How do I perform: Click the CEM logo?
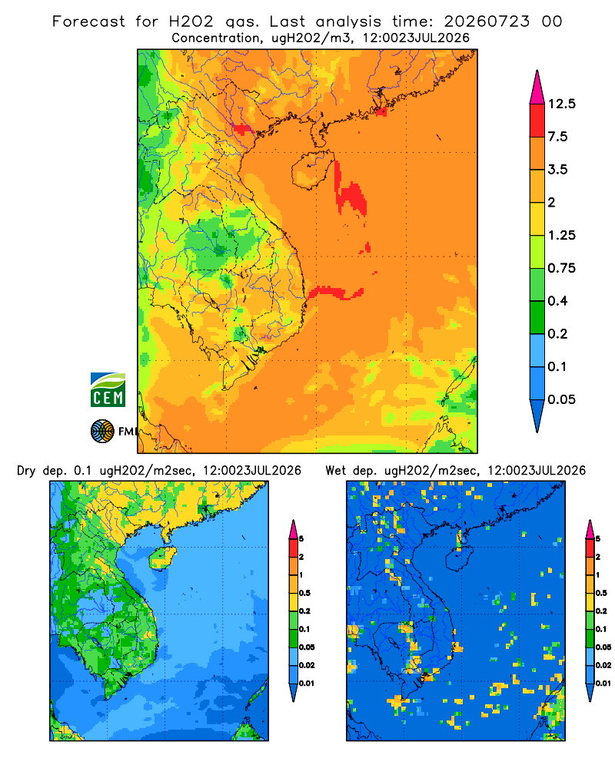(x=108, y=390)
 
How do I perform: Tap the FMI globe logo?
(x=102, y=432)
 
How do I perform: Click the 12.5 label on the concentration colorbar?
(x=561, y=104)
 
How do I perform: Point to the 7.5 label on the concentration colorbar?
(x=557, y=137)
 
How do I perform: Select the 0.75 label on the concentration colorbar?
(x=561, y=268)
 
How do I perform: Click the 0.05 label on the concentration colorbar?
(x=561, y=399)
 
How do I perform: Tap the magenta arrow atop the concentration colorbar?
(x=537, y=88)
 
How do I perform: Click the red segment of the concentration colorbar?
(x=537, y=121)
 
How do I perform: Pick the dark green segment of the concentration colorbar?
(x=537, y=317)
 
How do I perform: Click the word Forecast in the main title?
(x=88, y=22)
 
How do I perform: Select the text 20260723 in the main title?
(x=487, y=22)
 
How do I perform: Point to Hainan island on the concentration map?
(x=312, y=170)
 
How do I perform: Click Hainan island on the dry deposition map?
(x=162, y=558)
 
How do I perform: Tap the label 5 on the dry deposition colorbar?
(x=301, y=539)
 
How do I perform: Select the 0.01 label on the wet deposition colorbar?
(x=603, y=684)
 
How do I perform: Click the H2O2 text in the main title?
(x=191, y=22)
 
